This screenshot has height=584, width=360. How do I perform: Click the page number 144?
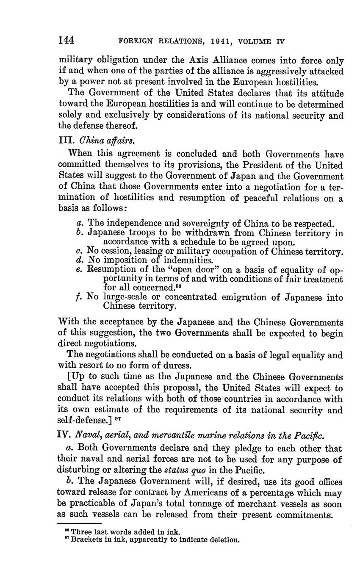coord(66,41)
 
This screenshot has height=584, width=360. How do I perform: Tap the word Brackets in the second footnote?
coord(87,540)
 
